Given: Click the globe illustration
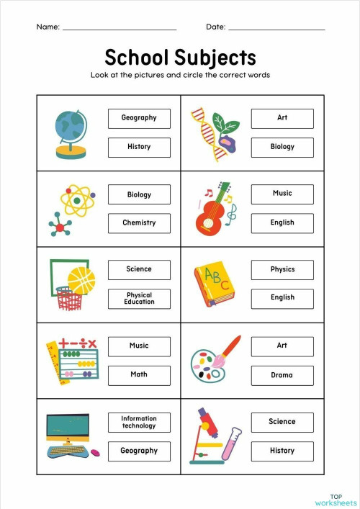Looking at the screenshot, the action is pos(69,130).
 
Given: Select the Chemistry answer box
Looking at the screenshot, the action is pos(139,223).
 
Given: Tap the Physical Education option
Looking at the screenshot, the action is pos(139,299).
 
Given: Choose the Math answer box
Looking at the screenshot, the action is pos(139,374).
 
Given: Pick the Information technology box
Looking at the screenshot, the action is pos(139,422).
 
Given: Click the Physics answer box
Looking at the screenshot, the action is pos(282,270).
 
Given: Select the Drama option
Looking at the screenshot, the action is pos(282,375).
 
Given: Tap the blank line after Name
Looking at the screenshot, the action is pos(120,30).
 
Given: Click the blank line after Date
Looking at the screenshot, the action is pos(276,30).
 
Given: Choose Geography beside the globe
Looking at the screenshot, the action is pos(139,118).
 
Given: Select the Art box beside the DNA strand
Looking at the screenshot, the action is pos(282,118).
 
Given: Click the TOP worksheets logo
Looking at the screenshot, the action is pos(336,499).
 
